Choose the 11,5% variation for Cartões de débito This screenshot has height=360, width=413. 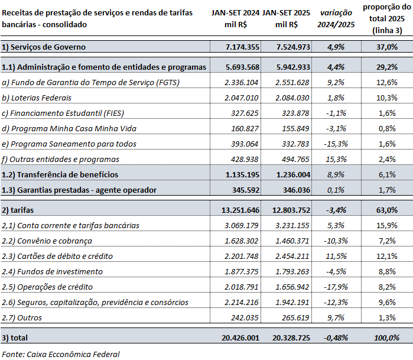(337, 256)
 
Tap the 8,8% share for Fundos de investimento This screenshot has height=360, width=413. (386, 271)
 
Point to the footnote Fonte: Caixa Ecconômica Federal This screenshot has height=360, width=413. (61, 354)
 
